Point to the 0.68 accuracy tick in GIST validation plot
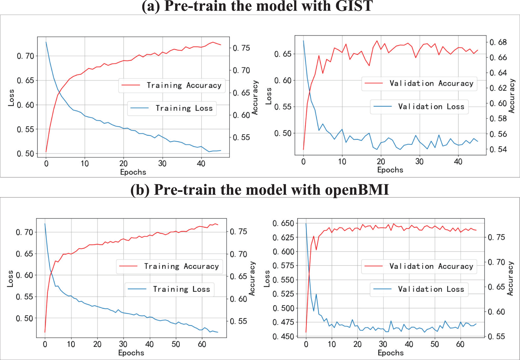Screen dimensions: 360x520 click(x=498, y=42)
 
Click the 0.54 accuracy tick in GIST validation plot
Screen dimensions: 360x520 click(x=498, y=149)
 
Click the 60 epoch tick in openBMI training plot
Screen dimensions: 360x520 click(x=202, y=344)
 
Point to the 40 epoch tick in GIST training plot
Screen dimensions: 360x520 click(x=201, y=164)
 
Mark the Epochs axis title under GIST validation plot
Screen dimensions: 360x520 click(x=390, y=170)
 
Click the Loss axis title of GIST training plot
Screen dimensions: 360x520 click(x=11, y=98)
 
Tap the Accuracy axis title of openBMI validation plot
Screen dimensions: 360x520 click(x=510, y=278)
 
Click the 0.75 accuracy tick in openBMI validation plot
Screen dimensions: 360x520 click(x=496, y=237)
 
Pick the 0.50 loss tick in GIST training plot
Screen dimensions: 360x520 click(x=25, y=154)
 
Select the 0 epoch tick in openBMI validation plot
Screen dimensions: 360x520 click(x=306, y=344)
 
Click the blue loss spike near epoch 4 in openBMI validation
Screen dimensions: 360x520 click(x=316, y=294)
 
